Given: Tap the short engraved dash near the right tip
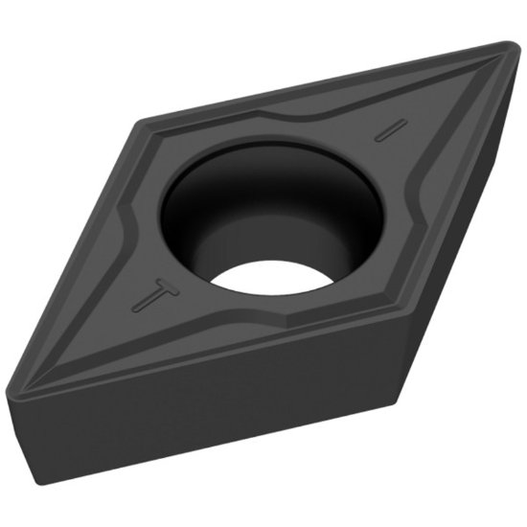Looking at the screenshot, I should pos(386,131).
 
